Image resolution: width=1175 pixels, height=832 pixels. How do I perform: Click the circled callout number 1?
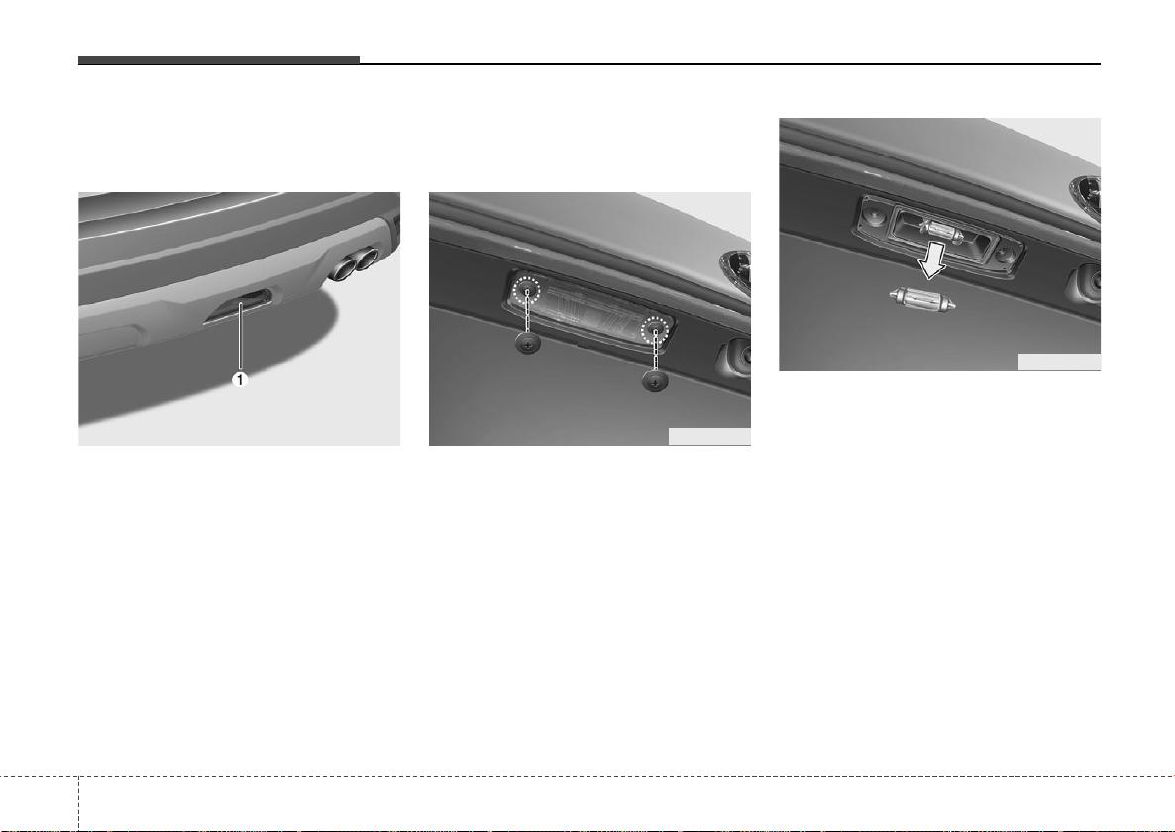[x=240, y=380]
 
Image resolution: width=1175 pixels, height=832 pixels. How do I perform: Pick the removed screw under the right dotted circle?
[x=656, y=381]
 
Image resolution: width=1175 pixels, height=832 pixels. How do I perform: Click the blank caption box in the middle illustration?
[x=709, y=437]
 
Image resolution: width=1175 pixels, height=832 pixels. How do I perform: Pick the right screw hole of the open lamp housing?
[x=1003, y=254]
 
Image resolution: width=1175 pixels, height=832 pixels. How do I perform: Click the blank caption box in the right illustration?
[x=1059, y=362]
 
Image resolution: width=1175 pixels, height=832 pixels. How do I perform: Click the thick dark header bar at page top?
[x=219, y=60]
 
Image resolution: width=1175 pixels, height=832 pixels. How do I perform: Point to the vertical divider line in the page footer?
[x=78, y=803]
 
